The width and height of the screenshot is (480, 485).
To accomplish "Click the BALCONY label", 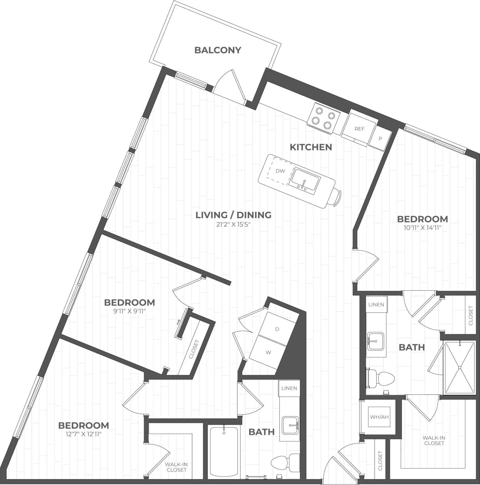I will click(x=218, y=50).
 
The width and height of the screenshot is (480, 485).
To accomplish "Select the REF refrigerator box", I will click(x=360, y=128).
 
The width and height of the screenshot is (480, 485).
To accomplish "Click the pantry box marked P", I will click(x=380, y=139).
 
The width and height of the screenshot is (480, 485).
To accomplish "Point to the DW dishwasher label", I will click(x=280, y=171).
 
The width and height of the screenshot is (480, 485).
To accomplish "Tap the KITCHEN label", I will click(x=311, y=147).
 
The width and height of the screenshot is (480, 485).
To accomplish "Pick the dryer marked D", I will click(x=277, y=329).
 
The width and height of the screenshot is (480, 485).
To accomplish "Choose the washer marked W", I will click(x=268, y=352).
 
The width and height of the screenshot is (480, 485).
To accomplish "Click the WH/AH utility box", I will click(x=379, y=417).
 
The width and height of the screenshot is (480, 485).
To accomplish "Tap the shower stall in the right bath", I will click(x=460, y=367).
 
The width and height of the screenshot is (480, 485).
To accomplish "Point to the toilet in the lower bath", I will click(x=283, y=463).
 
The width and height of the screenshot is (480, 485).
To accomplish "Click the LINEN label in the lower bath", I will click(x=289, y=388).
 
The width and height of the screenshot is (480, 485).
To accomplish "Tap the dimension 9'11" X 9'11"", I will click(x=130, y=311).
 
